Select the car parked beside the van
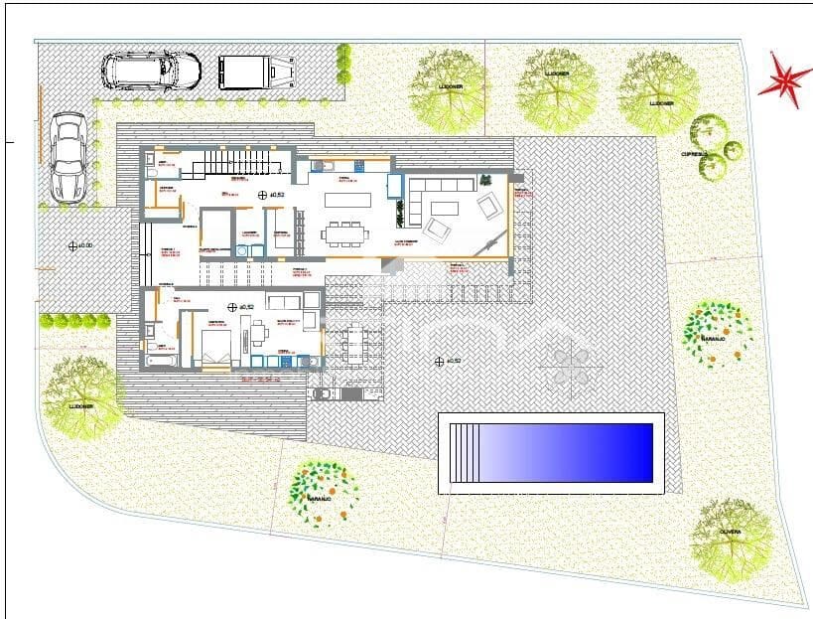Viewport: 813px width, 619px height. click(x=151, y=70)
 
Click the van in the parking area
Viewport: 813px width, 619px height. click(x=255, y=71)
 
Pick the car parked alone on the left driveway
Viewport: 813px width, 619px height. click(x=68, y=156)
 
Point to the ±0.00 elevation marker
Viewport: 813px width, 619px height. click(x=72, y=245)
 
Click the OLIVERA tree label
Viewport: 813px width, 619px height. click(x=732, y=533)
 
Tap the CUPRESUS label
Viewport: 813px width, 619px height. click(x=693, y=155)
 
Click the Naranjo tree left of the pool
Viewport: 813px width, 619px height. click(x=321, y=490)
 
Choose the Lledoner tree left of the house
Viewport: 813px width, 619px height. click(x=81, y=394)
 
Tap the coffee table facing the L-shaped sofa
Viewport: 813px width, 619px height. click(x=443, y=208)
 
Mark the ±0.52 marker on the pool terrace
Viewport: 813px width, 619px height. click(x=439, y=362)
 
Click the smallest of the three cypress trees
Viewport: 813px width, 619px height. click(x=733, y=150)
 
